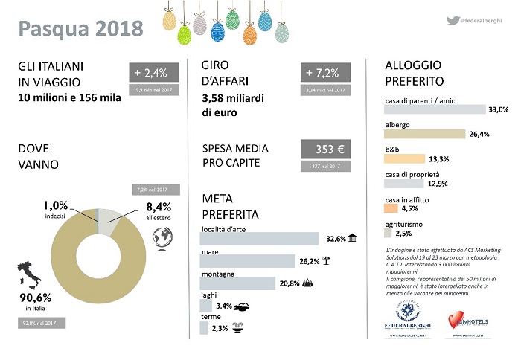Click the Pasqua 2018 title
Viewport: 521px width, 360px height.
(x=80, y=29)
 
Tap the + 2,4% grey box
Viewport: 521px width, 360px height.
(x=156, y=73)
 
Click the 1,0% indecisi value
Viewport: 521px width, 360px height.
(x=55, y=205)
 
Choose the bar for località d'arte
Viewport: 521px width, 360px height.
(x=260, y=239)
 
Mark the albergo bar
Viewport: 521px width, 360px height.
(x=424, y=135)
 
